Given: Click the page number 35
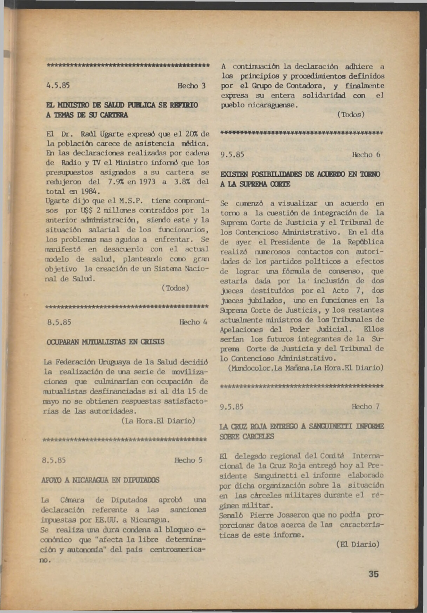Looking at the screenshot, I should [x=373, y=574].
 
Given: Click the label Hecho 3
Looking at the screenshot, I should [x=191, y=86].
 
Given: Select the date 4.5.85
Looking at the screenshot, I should [x=58, y=86].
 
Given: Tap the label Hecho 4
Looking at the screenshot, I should [x=193, y=322].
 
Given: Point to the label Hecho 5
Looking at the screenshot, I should [x=188, y=460].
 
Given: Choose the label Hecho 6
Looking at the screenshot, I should [x=366, y=155].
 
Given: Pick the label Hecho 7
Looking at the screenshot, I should [x=366, y=407].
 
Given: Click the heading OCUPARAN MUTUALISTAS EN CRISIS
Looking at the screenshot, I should [x=105, y=342].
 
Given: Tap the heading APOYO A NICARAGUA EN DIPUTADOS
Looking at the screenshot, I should [x=100, y=480].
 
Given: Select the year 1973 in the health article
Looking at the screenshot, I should [x=147, y=182].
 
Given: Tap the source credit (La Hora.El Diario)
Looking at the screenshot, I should [x=158, y=421].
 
